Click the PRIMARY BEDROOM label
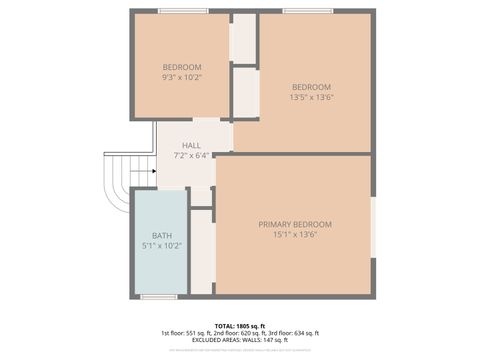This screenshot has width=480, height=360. coord(295,224)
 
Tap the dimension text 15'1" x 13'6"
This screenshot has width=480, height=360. coord(295,236)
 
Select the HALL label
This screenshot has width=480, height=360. coord(190,145)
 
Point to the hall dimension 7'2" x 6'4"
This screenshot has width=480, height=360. coord(190,156)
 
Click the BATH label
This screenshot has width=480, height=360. coord(161,235)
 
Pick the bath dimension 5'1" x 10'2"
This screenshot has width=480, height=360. coord(161,246)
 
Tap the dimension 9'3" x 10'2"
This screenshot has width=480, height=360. coord(182,77)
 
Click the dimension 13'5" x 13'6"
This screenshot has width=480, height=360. coord(312,97)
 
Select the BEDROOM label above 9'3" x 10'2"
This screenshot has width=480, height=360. coord(182,67)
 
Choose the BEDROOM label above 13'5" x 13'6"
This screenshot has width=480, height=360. coord(312,86)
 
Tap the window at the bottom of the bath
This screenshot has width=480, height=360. coord(159,297)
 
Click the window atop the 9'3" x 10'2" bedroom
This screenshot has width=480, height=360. coord(183,11)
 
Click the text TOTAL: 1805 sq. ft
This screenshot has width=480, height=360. coord(240,326)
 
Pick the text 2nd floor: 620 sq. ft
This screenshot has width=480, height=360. coord(239,333)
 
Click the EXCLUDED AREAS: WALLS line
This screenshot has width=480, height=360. coord(240,340)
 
